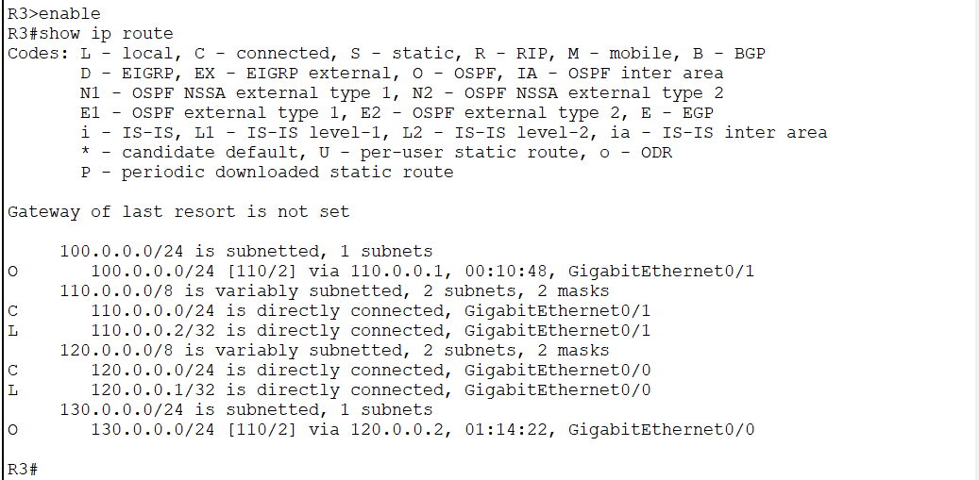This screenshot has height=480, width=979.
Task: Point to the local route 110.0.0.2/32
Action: [x=146, y=331]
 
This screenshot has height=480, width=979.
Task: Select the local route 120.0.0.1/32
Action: [x=146, y=390]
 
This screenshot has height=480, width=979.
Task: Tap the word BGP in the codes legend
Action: [x=750, y=54]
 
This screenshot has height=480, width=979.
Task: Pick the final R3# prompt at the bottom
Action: [x=22, y=469]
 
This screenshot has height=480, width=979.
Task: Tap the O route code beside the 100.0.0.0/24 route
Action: [x=12, y=272]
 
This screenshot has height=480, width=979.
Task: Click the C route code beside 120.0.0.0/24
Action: [x=12, y=371]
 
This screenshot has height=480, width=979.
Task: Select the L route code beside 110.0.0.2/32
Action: [x=12, y=331]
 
